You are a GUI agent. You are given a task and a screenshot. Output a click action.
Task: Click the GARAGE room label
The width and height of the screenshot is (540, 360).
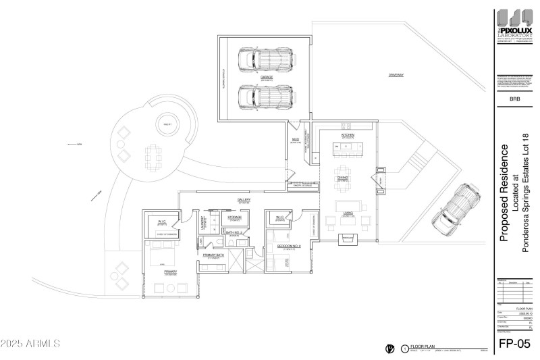click(x=267, y=77)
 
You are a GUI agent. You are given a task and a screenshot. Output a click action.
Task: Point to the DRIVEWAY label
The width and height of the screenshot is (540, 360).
click(x=396, y=74)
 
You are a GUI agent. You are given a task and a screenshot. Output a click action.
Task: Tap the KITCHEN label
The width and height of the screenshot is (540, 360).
click(x=348, y=135)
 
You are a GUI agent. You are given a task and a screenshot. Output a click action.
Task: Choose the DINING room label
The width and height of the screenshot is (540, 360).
click(x=343, y=177)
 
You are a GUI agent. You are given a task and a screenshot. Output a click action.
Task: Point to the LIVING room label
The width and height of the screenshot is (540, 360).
click(x=348, y=213)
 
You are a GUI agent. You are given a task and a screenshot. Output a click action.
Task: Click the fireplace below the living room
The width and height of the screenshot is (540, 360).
click(x=348, y=238)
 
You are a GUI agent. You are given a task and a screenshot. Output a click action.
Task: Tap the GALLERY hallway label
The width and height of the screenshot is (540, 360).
click(x=244, y=200)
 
